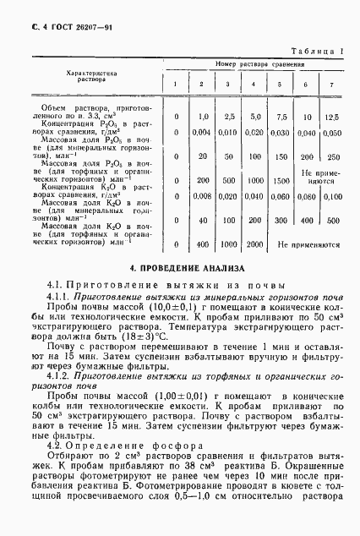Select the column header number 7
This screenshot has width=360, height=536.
click(x=331, y=83)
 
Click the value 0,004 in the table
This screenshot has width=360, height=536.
click(x=201, y=132)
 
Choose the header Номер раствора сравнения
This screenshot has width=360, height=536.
click(x=253, y=64)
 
